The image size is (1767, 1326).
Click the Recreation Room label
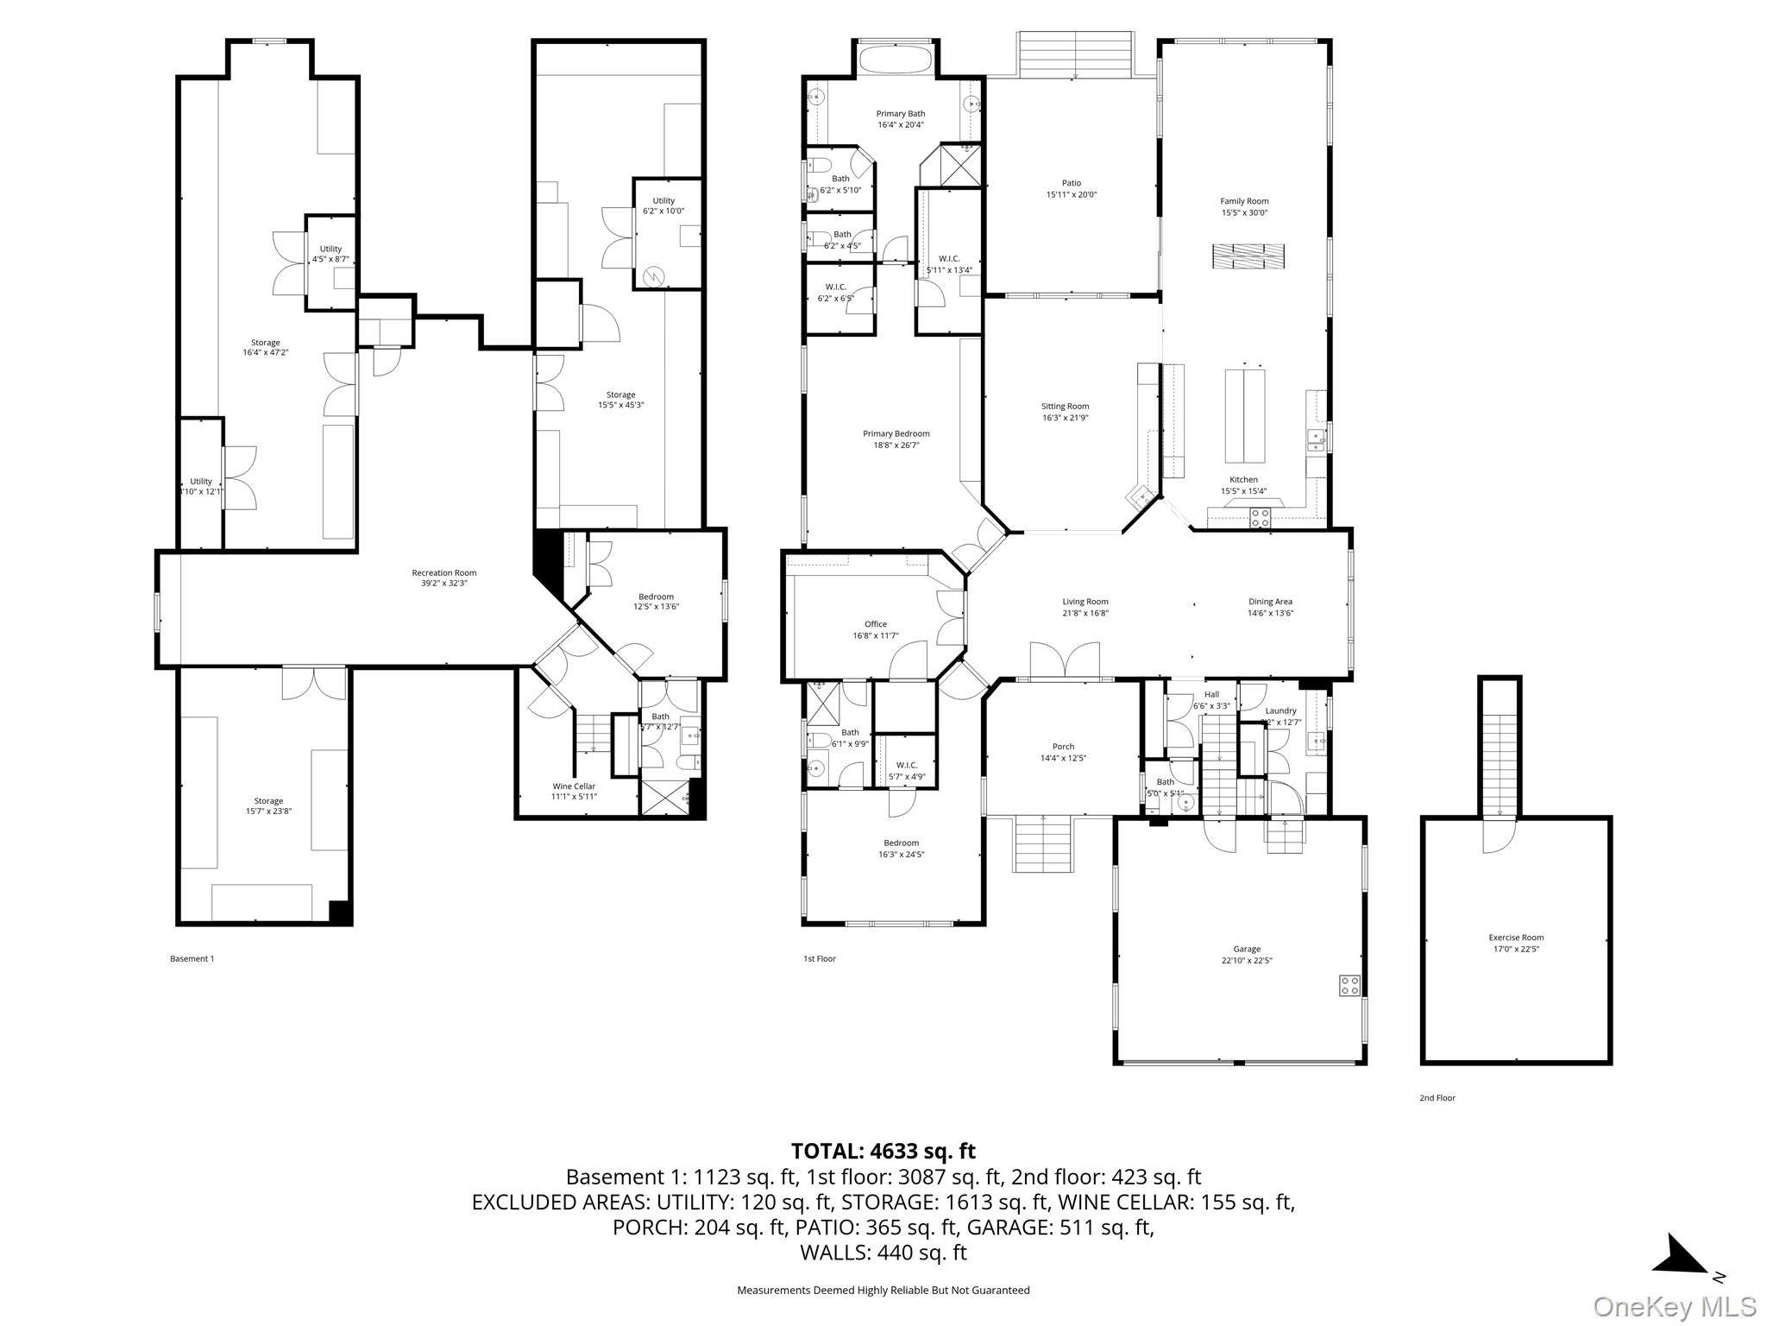tap(443, 572)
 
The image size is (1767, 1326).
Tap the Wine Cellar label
tap(574, 786)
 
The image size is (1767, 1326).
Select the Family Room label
tap(1244, 201)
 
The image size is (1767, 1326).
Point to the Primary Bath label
tap(900, 113)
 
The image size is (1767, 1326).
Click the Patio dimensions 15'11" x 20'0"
tap(1071, 195)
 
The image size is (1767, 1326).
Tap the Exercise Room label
tap(1516, 938)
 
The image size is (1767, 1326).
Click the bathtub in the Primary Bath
tap(894, 60)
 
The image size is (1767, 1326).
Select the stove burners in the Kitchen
tap(1261, 518)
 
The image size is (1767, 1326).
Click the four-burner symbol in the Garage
tap(1349, 985)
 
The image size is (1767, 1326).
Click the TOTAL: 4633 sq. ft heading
tap(883, 1151)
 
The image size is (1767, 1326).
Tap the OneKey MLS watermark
tap(1674, 1307)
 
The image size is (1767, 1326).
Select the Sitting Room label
tap(1065, 406)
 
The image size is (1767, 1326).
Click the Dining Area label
tap(1270, 602)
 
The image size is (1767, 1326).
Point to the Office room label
tap(875, 624)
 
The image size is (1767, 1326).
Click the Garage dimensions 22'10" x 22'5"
tap(1246, 960)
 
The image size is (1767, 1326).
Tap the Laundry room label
tap(1280, 710)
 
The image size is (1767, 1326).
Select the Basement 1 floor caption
tap(192, 958)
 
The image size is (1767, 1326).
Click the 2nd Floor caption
tap(1437, 1098)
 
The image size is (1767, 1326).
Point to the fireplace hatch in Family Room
tap(1248, 256)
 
